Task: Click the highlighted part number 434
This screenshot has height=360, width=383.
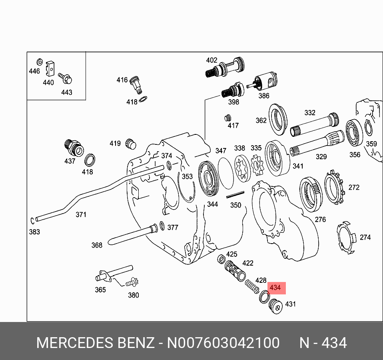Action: click(x=275, y=288)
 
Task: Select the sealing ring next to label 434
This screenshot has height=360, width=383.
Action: click(x=264, y=297)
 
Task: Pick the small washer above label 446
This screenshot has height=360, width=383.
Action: click(x=40, y=62)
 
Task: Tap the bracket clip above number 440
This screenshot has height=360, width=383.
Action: click(x=50, y=69)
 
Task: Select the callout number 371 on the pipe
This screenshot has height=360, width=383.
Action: click(x=81, y=215)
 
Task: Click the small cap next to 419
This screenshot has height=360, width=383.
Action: click(x=130, y=143)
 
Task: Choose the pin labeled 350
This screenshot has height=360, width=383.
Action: click(x=235, y=195)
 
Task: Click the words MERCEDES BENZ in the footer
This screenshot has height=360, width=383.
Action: click(x=95, y=343)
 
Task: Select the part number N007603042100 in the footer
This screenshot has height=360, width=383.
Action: click(x=223, y=343)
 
